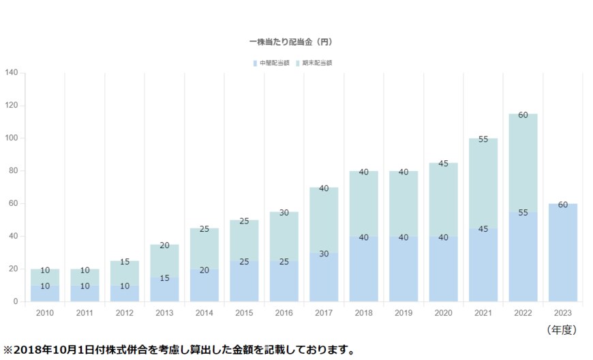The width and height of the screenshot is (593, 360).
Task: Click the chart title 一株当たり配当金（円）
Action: tap(290, 42)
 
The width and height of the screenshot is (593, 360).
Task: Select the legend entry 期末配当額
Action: tap(316, 63)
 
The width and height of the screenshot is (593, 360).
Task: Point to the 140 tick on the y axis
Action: tap(11, 73)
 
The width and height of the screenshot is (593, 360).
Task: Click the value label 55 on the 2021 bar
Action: tap(483, 139)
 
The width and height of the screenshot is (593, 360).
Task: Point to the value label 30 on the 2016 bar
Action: tap(284, 213)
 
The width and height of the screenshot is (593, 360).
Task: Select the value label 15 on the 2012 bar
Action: tap(125, 262)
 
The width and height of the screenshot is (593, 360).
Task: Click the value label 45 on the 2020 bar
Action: tap(443, 164)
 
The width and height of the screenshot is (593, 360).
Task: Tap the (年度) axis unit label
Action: tap(562, 329)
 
